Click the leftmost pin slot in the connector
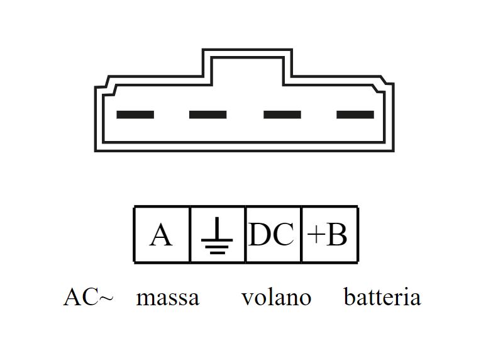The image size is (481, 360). pyautogui.click(x=135, y=115)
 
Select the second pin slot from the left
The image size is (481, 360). pyautogui.click(x=207, y=115)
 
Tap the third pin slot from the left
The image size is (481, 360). pyautogui.click(x=282, y=115)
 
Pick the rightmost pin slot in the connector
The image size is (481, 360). pyautogui.click(x=355, y=115)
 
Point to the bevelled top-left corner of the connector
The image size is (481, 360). pyautogui.click(x=104, y=84)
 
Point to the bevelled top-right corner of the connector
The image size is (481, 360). pyautogui.click(x=385, y=84)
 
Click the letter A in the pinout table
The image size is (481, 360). pyautogui.click(x=161, y=235)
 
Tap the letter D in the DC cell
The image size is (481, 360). pyautogui.click(x=260, y=235)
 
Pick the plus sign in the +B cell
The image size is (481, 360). pyautogui.click(x=316, y=235)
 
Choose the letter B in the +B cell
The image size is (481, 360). pyautogui.click(x=336, y=235)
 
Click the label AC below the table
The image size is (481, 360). pyautogui.click(x=80, y=297)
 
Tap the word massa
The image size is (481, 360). pyautogui.click(x=167, y=298)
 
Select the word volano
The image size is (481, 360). pyautogui.click(x=276, y=297)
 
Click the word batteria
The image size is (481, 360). pyautogui.click(x=382, y=297)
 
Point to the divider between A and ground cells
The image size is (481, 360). pyautogui.click(x=190, y=234)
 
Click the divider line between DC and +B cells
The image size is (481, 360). pyautogui.click(x=302, y=234)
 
